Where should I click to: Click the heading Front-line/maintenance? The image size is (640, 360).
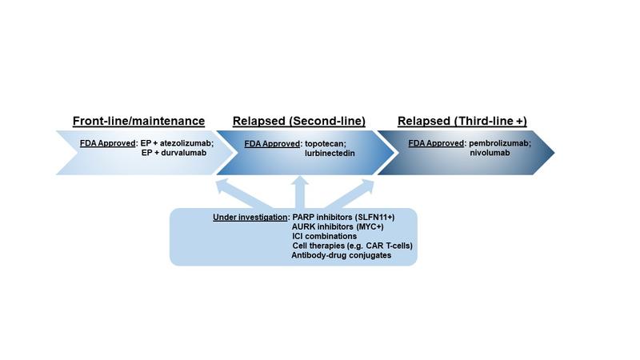[x=139, y=122]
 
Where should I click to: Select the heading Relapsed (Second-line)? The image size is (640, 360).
[x=299, y=122]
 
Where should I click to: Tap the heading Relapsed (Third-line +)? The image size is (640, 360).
[x=462, y=122]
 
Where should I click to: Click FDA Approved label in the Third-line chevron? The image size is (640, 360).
[x=436, y=143]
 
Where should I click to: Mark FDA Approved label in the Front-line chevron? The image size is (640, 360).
[x=108, y=143]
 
